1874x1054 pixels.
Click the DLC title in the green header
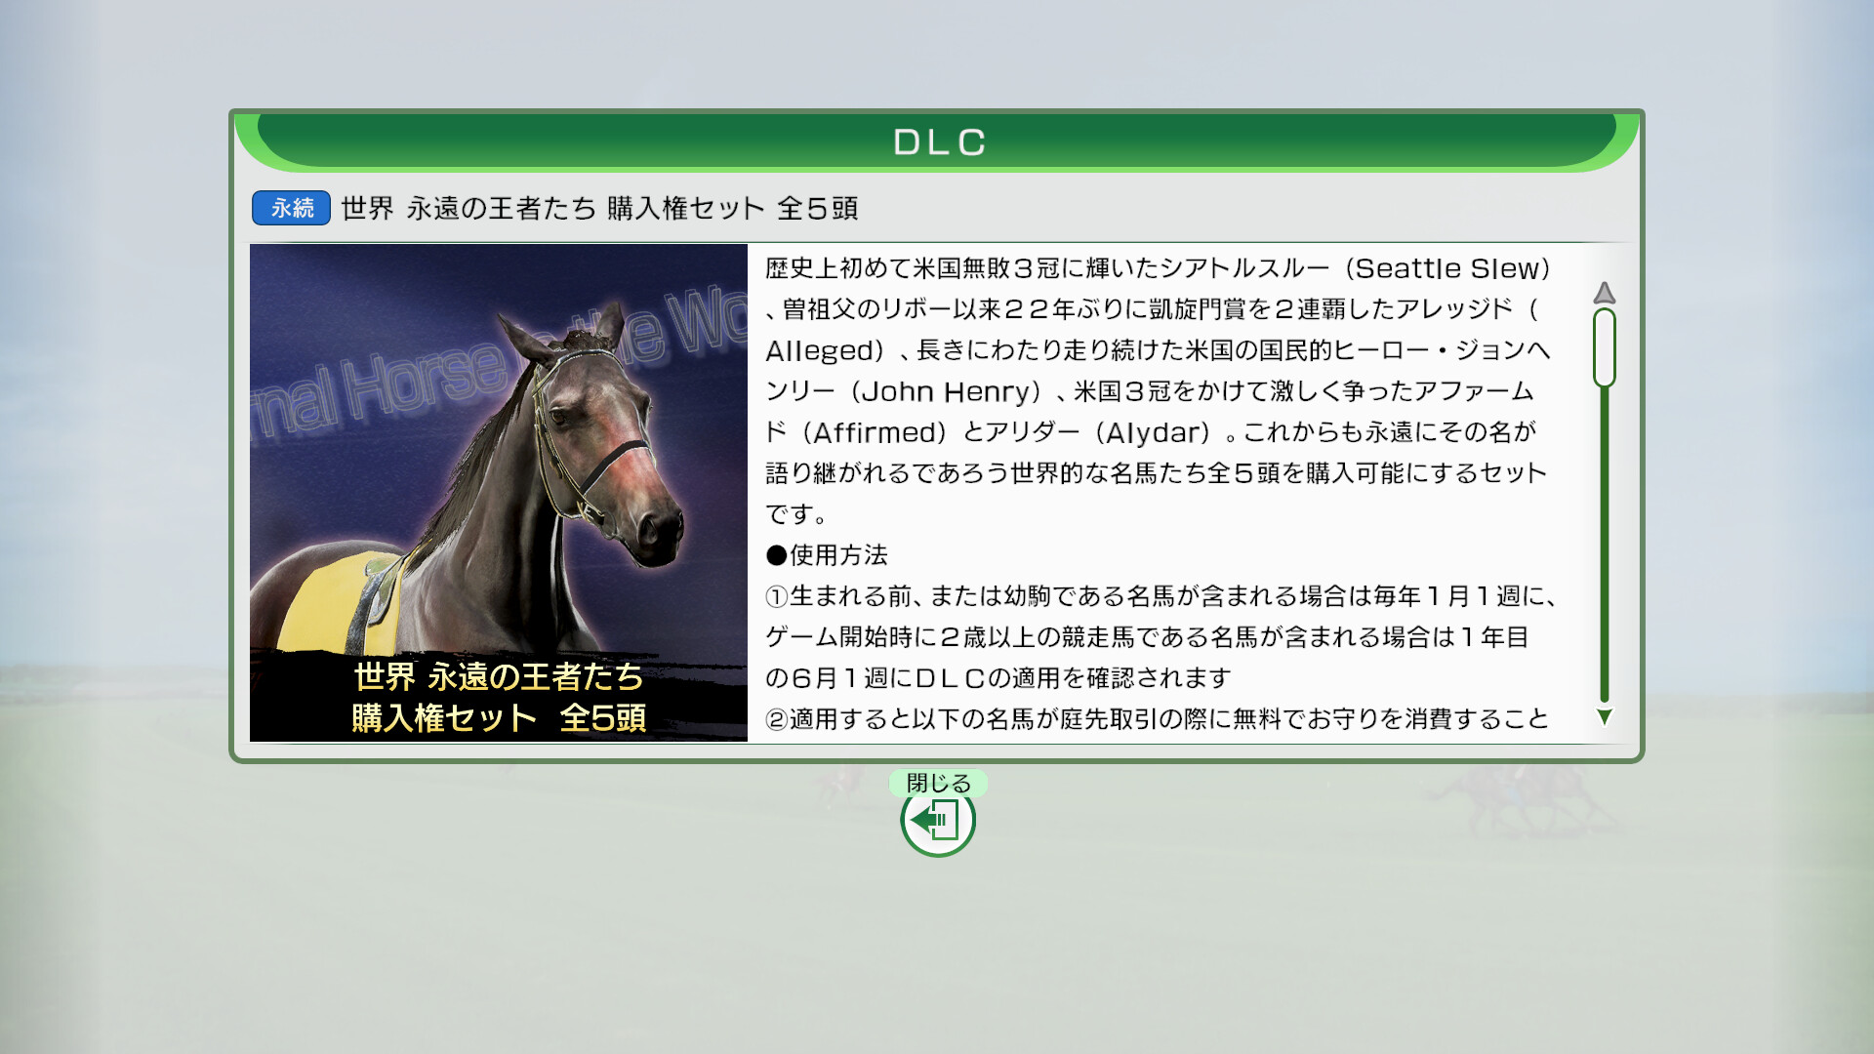click(939, 142)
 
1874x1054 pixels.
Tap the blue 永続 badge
click(291, 208)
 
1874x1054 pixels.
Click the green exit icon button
click(938, 821)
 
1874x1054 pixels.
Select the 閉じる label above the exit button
click(938, 783)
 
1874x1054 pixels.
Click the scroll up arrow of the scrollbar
click(1605, 293)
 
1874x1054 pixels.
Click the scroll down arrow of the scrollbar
click(1605, 717)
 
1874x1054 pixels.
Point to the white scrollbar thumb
click(1605, 347)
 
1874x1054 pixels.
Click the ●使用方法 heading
click(827, 555)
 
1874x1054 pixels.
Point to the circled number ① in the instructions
click(777, 596)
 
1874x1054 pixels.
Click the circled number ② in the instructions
click(777, 719)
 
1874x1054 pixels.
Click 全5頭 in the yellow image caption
click(602, 717)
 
